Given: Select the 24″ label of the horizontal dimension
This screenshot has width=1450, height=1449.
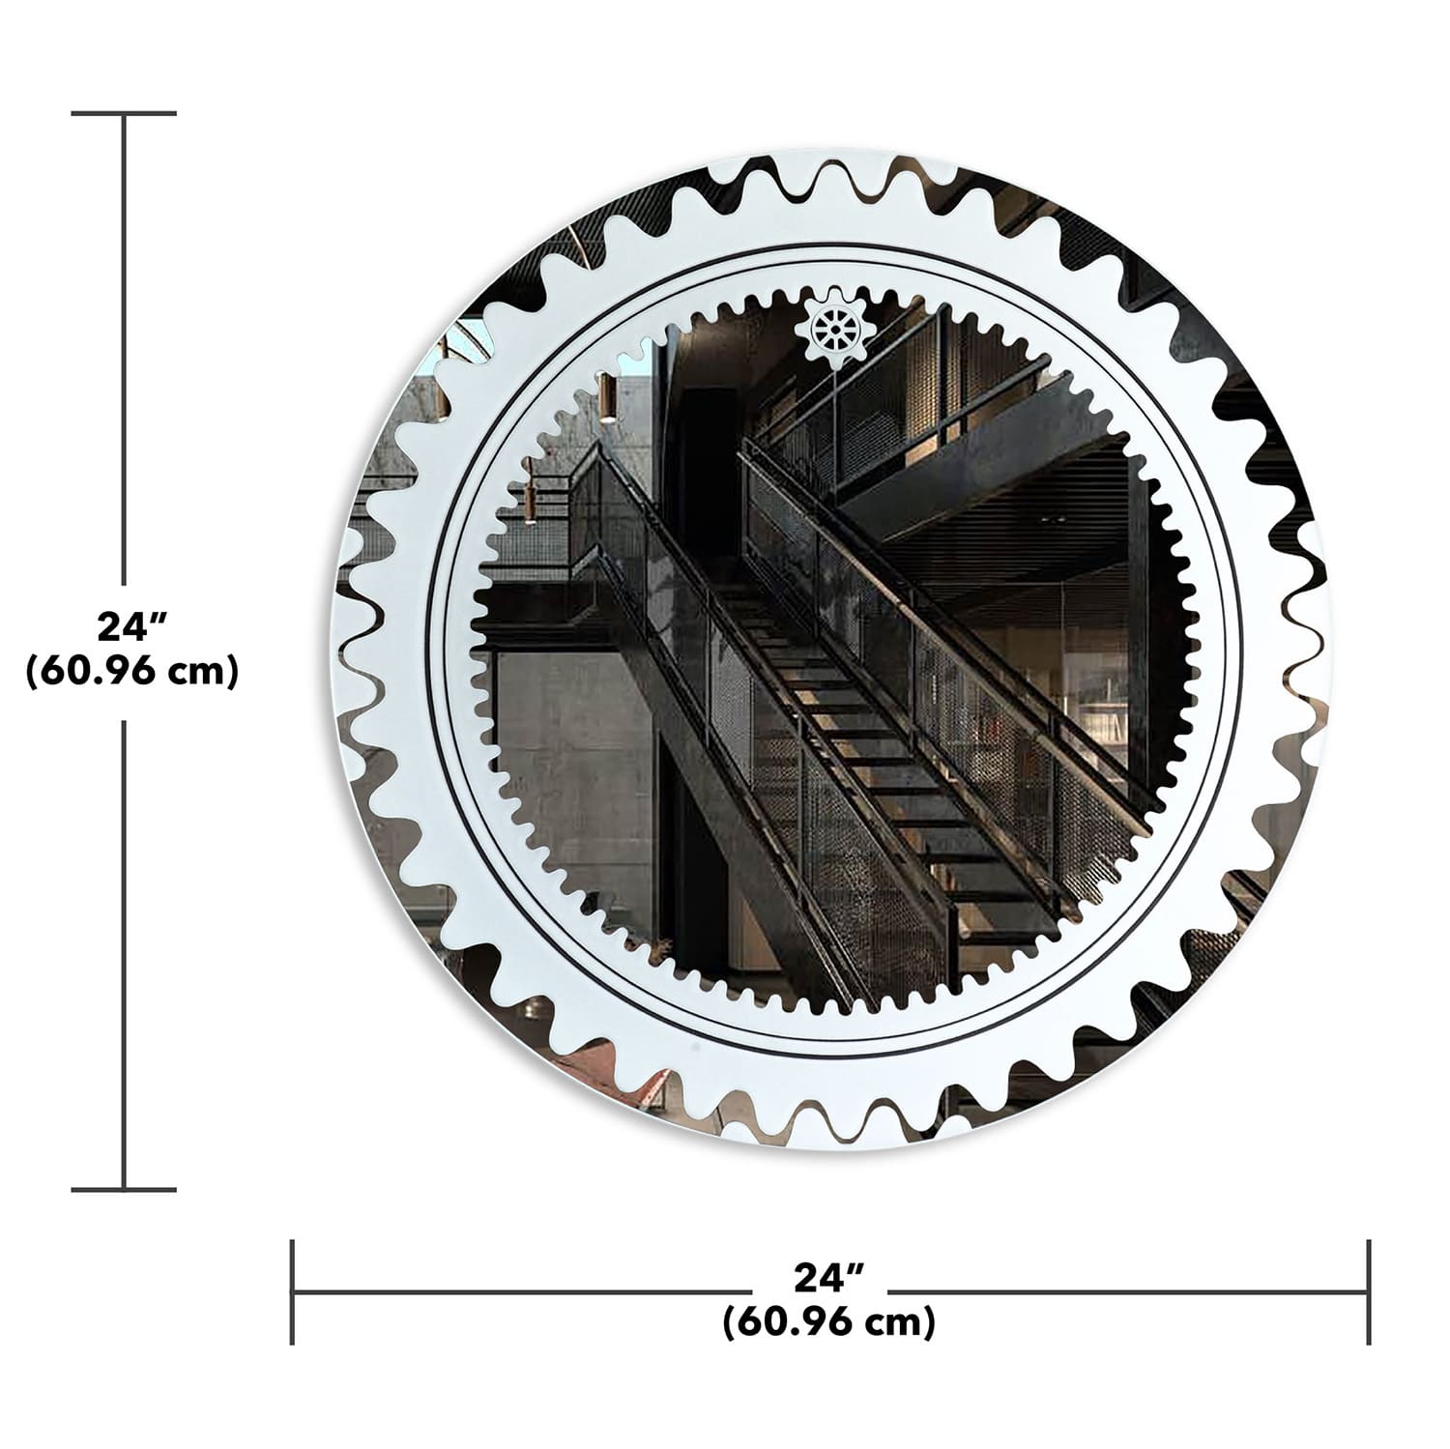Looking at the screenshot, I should pyautogui.click(x=828, y=1278).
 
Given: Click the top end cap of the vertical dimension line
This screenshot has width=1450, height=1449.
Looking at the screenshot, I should pyautogui.click(x=124, y=114).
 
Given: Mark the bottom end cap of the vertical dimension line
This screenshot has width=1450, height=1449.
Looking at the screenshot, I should pyautogui.click(x=124, y=1189).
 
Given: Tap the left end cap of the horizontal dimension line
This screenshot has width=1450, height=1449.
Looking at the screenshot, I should pyautogui.click(x=293, y=1291).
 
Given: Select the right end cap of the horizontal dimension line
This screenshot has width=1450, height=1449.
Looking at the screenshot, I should pyautogui.click(x=1368, y=1291).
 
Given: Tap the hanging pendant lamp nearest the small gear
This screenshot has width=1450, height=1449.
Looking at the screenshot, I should pyautogui.click(x=607, y=398).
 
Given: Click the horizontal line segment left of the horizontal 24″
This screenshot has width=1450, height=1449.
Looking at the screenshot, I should pyautogui.click(x=522, y=1291).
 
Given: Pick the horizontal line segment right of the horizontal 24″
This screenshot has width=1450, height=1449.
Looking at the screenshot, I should pyautogui.click(x=1126, y=1291).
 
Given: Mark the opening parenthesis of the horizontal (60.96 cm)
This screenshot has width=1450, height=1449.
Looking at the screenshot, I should pyautogui.click(x=729, y=1321).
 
